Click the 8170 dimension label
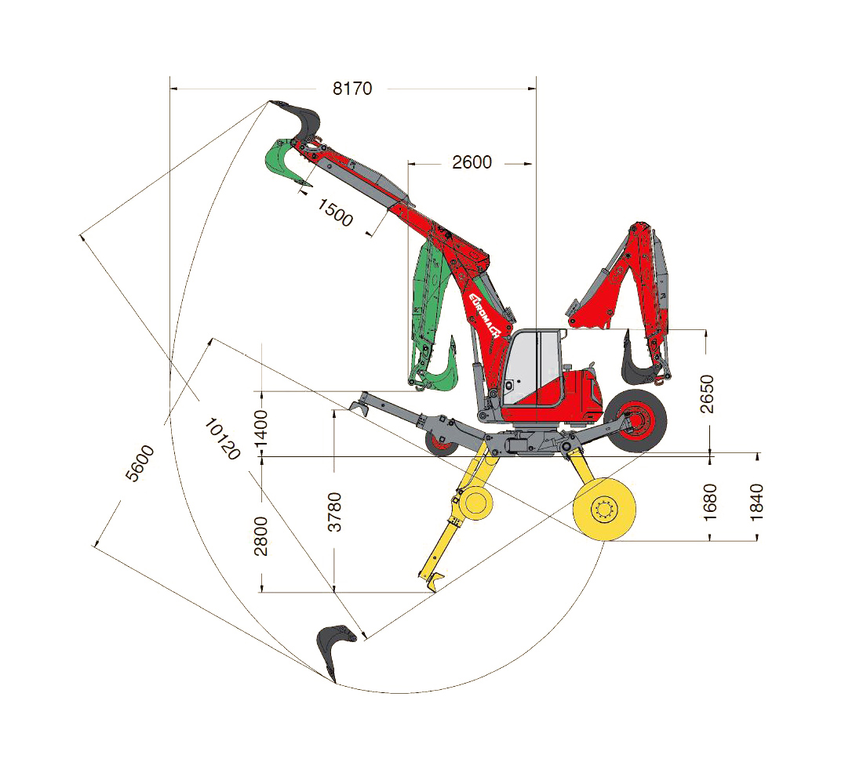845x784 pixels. coord(352,89)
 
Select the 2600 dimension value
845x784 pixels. coord(472,162)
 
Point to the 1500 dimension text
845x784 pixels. coord(335,212)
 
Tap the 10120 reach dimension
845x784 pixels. coord(222,439)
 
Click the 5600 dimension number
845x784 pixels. coord(140,463)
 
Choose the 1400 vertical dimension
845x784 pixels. coord(260,428)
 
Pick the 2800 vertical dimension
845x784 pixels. coord(260,535)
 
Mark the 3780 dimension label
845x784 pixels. coord(335,512)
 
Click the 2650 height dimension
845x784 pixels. coord(706,394)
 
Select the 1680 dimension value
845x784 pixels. coord(710,503)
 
